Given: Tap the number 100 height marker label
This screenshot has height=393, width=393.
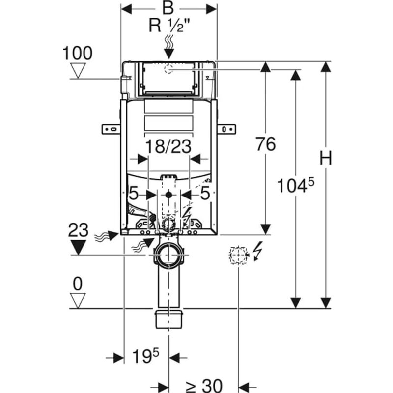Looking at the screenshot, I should coord(77,53).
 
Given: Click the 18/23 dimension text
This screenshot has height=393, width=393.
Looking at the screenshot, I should coord(168,146).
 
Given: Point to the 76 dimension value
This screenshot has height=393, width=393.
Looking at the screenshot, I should coord(266,144).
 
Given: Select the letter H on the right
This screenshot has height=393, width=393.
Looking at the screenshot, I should coord(325,158).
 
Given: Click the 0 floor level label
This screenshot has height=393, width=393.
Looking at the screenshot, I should coord(78,283).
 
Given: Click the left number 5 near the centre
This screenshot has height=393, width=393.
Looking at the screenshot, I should coord(134,194).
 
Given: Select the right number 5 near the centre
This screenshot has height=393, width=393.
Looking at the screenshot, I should coord(205,194).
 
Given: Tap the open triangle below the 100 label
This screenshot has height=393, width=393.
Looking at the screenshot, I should coord(78,71).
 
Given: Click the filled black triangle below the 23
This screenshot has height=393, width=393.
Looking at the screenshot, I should coord(78,247).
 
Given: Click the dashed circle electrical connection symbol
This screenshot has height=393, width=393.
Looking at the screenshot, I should coord(238,255).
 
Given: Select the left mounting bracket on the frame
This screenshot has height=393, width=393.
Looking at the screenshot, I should coord(111,129).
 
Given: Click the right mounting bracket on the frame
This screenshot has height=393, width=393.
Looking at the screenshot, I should coord(226,129).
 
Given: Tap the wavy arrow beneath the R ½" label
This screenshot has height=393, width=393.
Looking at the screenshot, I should coord(169,47).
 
